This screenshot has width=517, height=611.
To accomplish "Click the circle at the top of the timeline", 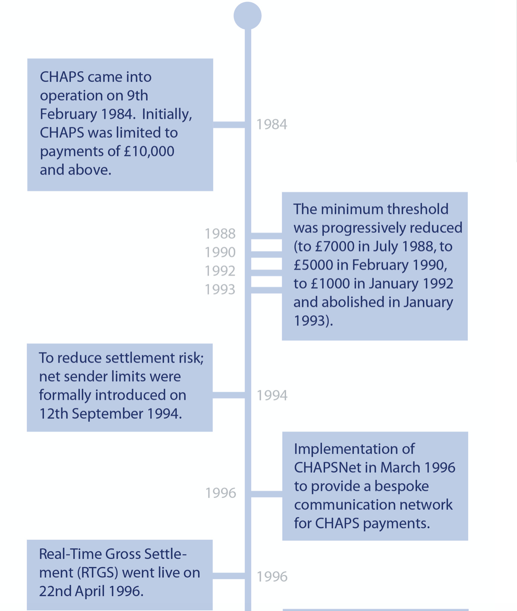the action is coord(248,15).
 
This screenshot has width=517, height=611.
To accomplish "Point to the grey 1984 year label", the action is coord(272,124).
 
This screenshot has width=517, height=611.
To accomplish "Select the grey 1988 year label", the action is coord(220,234).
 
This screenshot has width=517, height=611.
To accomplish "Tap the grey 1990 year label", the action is coord(220,252).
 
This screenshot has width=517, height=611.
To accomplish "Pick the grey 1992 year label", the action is coord(220,271).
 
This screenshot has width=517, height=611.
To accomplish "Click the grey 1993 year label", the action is coord(220,289).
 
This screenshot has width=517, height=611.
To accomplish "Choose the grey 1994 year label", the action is coord(272,395).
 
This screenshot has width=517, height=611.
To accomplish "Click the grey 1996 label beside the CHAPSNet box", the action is coord(220,493).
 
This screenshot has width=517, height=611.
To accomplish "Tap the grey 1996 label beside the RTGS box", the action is coord(272,577).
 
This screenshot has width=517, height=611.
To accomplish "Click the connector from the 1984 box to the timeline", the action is coord(229,124).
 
